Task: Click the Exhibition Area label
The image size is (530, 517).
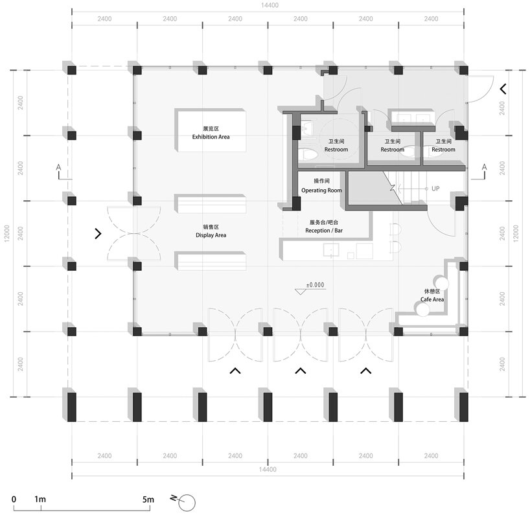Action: point(211,137)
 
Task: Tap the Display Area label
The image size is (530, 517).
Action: point(211,235)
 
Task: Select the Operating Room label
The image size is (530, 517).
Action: point(321,190)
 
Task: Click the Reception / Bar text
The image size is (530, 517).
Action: point(323,231)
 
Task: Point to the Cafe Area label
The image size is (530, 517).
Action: point(432,299)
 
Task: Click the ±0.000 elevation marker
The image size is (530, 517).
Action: point(316,285)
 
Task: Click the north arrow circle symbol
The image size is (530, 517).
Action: point(187,501)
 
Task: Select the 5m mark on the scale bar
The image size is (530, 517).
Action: point(148,500)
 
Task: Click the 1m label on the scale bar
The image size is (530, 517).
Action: point(40,500)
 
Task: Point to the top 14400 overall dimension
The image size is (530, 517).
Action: point(268,5)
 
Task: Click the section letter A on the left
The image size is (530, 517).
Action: point(59,168)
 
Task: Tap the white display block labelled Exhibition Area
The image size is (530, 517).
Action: point(211,130)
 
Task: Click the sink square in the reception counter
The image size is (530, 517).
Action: point(333,251)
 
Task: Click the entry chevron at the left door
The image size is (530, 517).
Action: point(98,233)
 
